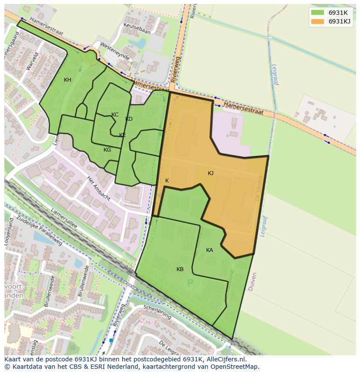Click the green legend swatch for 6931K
(x=318, y=13)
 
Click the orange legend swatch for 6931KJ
(x=318, y=21)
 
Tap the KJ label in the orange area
(x=210, y=173)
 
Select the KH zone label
(x=67, y=80)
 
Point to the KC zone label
(x=115, y=115)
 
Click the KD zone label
(x=129, y=119)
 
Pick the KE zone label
(x=123, y=135)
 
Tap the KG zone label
(x=107, y=150)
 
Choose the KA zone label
(x=210, y=250)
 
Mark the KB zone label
(x=180, y=269)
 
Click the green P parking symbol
(x=190, y=283)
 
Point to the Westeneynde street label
(x=114, y=51)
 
